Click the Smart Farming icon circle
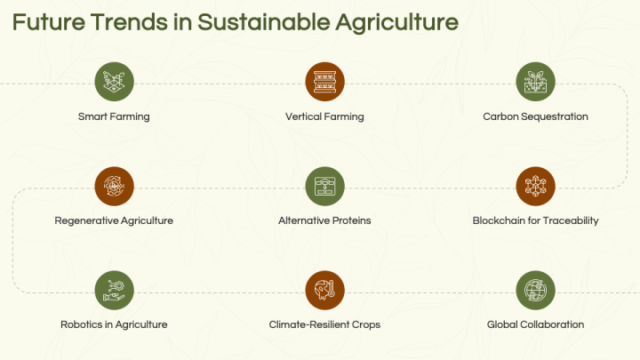(114, 82)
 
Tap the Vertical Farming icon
(324, 82)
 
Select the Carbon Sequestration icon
(535, 82)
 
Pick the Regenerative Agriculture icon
(114, 186)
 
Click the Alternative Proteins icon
(324, 186)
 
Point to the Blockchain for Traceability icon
(535, 186)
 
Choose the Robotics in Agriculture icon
(114, 290)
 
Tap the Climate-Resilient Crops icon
(324, 290)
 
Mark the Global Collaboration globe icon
(535, 290)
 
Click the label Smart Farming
(114, 116)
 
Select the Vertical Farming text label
(324, 116)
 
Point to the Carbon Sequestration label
(535, 116)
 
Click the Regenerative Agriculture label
(114, 220)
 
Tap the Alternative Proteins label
(324, 220)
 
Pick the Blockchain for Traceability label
(535, 220)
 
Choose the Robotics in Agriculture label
(114, 324)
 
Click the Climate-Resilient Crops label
(324, 324)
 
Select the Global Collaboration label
(535, 324)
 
